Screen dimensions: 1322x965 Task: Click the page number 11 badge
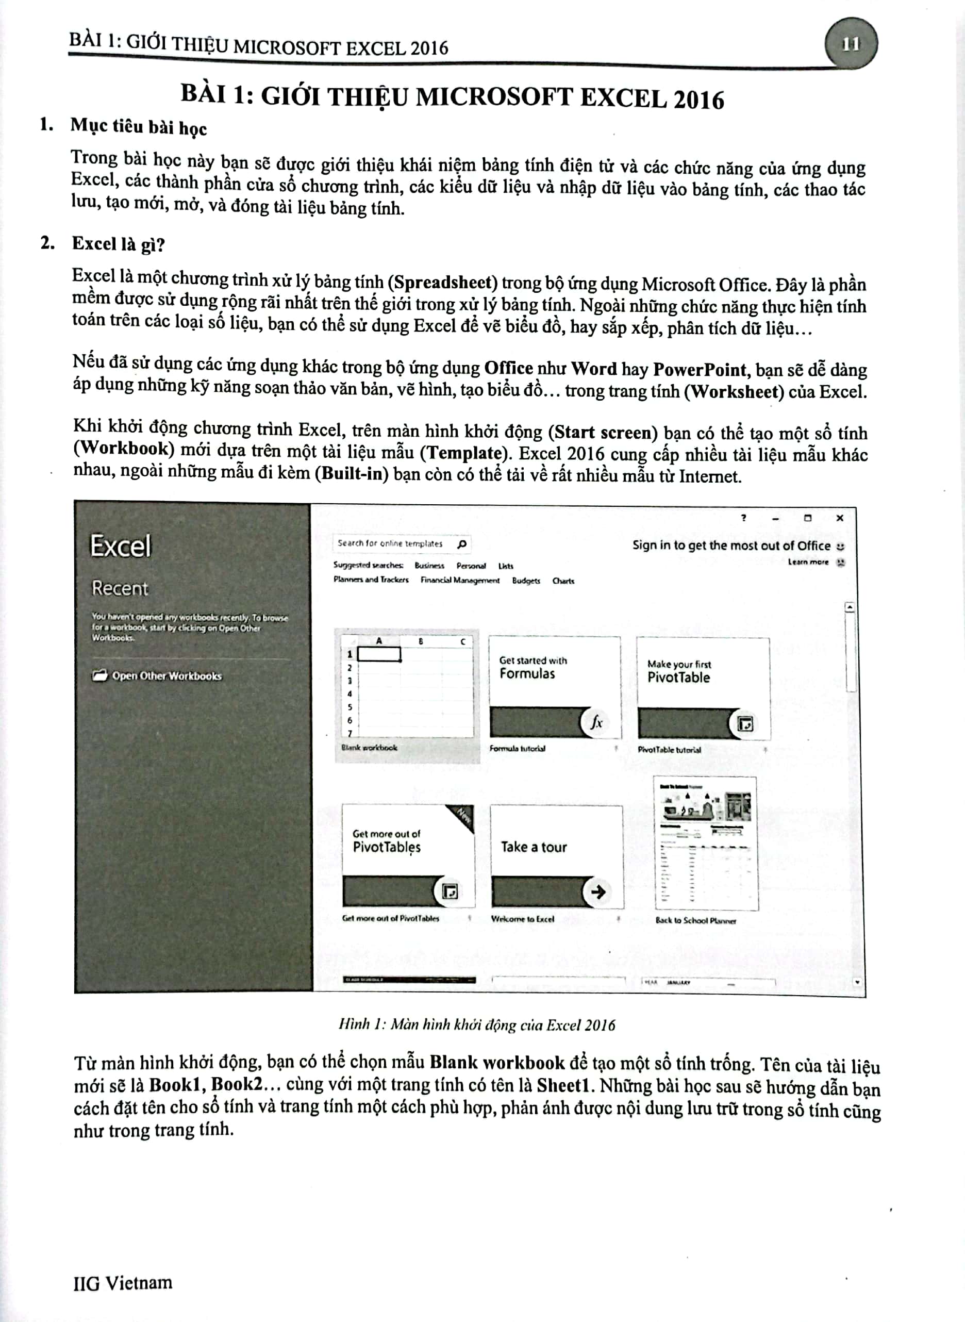click(x=851, y=44)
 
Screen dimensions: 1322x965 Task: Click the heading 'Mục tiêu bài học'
click(x=139, y=127)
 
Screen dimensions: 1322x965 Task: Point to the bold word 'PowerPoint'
click(x=699, y=369)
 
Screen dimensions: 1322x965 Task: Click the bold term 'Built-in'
click(x=352, y=473)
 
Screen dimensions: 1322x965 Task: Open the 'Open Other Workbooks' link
click(x=167, y=676)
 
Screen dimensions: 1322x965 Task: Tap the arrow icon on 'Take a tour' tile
click(x=597, y=892)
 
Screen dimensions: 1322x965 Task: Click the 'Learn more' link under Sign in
click(x=808, y=562)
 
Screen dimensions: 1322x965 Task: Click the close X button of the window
click(x=839, y=518)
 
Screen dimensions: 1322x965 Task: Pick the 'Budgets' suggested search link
click(x=526, y=581)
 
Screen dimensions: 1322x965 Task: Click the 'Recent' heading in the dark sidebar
click(x=120, y=588)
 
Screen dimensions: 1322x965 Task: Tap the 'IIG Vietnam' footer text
click(x=123, y=1283)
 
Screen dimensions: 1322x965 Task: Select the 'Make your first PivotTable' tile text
click(x=679, y=672)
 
